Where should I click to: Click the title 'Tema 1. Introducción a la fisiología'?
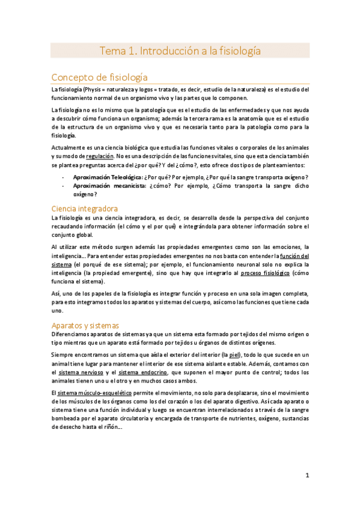(x=180, y=51)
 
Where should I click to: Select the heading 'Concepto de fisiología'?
(x=99, y=77)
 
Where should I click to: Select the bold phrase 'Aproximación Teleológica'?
(x=107, y=177)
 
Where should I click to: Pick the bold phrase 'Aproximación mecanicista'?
(x=107, y=186)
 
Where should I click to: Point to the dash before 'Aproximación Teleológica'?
(x=63, y=177)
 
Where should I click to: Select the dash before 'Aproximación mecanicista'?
(x=63, y=186)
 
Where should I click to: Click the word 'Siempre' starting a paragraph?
(x=64, y=355)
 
